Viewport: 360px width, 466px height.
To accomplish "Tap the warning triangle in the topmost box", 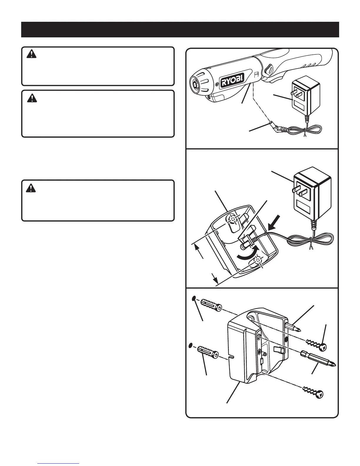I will [x=30, y=54].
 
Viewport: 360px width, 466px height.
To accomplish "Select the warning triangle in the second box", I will [x=30, y=98].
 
